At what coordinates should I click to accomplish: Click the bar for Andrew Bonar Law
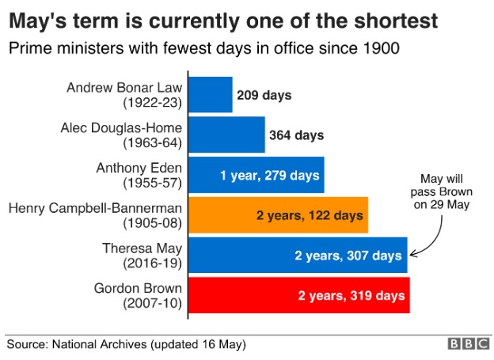click(211, 94)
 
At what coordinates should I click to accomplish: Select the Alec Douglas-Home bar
click(227, 135)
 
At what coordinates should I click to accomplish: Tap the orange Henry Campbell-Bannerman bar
click(279, 215)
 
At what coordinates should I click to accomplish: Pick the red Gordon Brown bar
click(299, 295)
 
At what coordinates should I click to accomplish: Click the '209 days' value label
click(264, 95)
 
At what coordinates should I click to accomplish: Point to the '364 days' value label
click(296, 135)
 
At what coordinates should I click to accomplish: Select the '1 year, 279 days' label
click(270, 176)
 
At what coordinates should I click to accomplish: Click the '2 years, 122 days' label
click(310, 215)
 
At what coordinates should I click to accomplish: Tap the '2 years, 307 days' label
click(348, 256)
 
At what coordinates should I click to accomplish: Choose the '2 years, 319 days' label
click(351, 295)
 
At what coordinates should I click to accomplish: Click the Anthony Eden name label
click(139, 168)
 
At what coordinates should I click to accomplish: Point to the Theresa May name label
click(142, 248)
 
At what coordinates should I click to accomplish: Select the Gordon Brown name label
click(138, 288)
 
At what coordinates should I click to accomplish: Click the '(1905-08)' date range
click(153, 223)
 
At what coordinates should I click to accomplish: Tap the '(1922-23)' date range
click(153, 103)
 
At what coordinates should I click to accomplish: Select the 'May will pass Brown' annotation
click(442, 191)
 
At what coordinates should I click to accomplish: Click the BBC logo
click(469, 344)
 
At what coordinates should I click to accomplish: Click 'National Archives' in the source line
click(99, 344)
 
